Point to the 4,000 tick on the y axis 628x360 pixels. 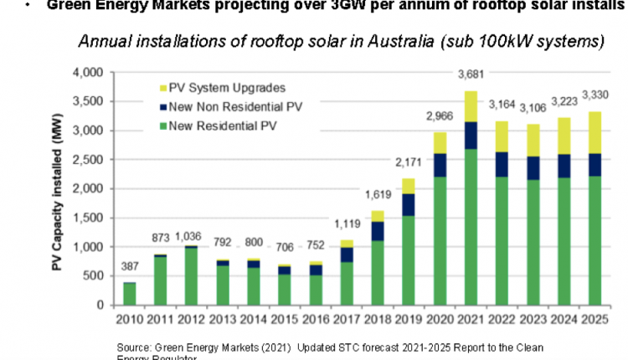pyautogui.click(x=87, y=73)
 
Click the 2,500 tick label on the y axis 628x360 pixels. pyautogui.click(x=87, y=160)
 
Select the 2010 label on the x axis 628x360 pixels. pyautogui.click(x=117, y=319)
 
